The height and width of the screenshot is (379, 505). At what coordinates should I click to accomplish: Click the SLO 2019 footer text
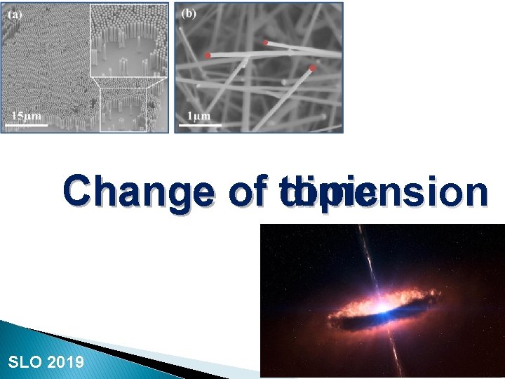coord(46,362)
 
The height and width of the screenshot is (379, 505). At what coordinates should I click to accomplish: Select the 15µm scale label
coord(27,116)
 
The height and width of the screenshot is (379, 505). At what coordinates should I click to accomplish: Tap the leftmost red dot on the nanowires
coord(208,55)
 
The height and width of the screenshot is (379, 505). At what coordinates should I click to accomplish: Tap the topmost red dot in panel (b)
coord(265,43)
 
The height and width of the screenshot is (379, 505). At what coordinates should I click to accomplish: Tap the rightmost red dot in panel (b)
coord(311,68)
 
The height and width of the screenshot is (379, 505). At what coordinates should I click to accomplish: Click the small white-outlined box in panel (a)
coord(123,109)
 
